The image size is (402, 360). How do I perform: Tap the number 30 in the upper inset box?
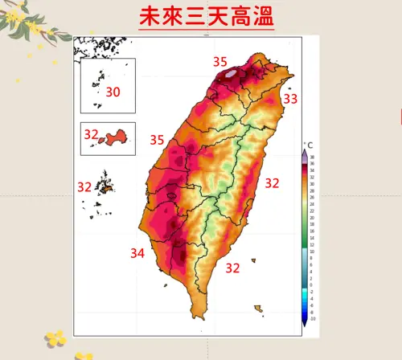coord(113,92)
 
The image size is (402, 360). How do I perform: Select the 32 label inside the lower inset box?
coord(90,134)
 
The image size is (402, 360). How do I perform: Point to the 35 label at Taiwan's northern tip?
coord(219,62)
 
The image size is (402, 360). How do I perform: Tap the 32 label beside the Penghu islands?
coord(84,186)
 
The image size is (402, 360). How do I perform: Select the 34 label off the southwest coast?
coord(137,254)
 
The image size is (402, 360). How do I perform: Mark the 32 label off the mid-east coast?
coord(272,183)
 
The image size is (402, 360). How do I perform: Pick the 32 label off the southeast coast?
coord(232,268)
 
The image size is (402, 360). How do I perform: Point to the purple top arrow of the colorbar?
coord(305,152)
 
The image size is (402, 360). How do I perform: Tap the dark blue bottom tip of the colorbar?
coord(305,321)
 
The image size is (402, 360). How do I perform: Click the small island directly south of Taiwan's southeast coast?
coord(257,307)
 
